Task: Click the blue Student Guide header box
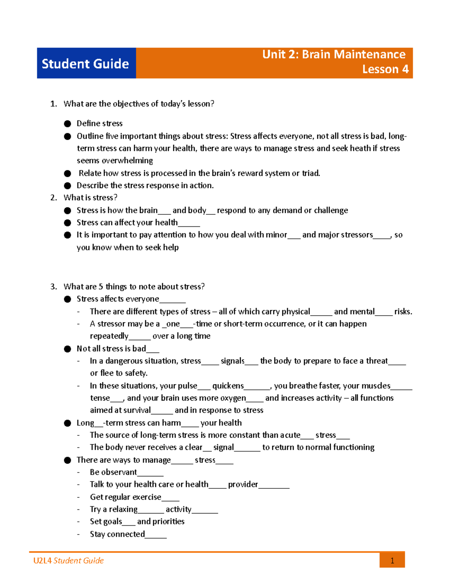coord(86,63)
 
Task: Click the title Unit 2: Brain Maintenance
coord(333,54)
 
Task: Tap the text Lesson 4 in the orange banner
coord(385,69)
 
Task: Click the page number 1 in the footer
coord(392,560)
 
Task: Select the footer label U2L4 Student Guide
coord(68,560)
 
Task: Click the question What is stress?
coord(90,197)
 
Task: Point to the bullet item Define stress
coord(99,124)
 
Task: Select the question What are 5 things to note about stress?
coord(134,286)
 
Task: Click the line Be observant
coord(113,472)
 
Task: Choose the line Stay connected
coord(117,534)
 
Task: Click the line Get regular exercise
coord(125,497)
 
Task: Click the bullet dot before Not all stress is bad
coord(67,349)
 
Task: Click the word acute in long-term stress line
coord(290,435)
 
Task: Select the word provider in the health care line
coord(243,484)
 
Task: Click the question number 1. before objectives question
coord(54,104)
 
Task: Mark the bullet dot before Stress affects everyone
coord(67,299)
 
